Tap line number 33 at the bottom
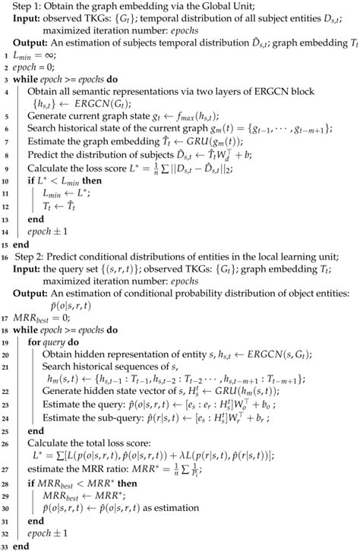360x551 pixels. point(5,545)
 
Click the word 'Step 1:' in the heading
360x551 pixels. point(24,8)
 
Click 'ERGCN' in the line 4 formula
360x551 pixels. point(87,102)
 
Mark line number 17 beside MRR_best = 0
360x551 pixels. point(5,318)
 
